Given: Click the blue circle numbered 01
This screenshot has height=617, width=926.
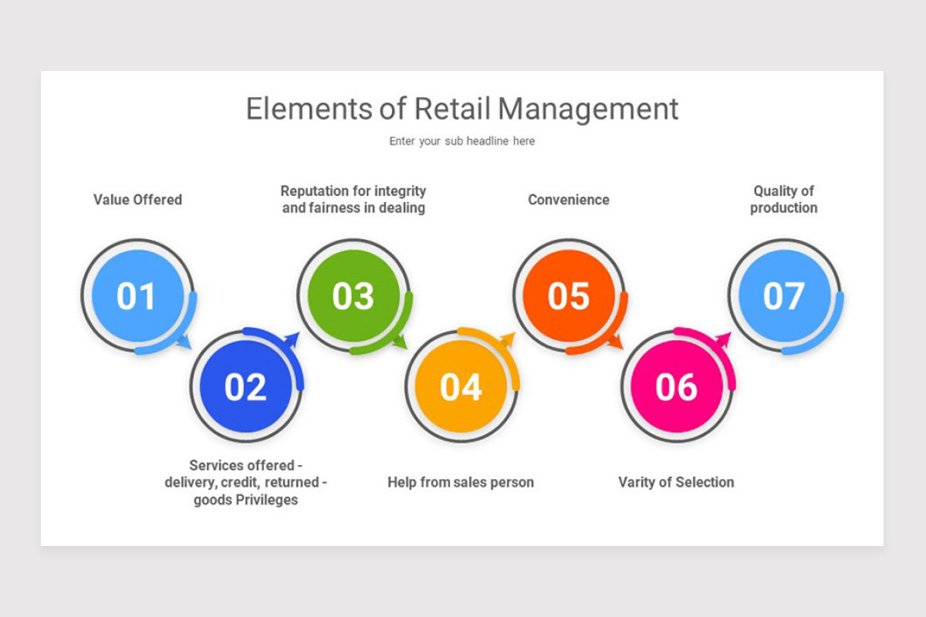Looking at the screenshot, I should point(137,296).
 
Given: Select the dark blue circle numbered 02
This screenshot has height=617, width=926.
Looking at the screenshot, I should point(245,387).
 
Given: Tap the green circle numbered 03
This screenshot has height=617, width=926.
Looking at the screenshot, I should point(353,296).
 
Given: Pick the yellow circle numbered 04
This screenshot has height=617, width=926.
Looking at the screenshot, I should point(461,387).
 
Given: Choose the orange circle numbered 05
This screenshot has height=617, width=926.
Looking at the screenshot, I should point(569,296).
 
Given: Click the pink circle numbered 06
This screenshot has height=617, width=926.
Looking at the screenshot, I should point(677,387).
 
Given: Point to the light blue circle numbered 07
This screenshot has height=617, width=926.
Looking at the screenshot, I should point(784,296).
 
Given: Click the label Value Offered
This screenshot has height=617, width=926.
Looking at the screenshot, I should point(137,200).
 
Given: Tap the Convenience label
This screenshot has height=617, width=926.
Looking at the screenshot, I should point(569,200).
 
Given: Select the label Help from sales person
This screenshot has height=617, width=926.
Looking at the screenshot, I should point(461,483).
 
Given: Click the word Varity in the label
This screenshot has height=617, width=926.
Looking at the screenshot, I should point(637,483).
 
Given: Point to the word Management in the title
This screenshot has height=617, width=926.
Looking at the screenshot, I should point(588,110).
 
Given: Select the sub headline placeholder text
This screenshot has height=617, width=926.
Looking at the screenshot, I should point(461,141).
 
